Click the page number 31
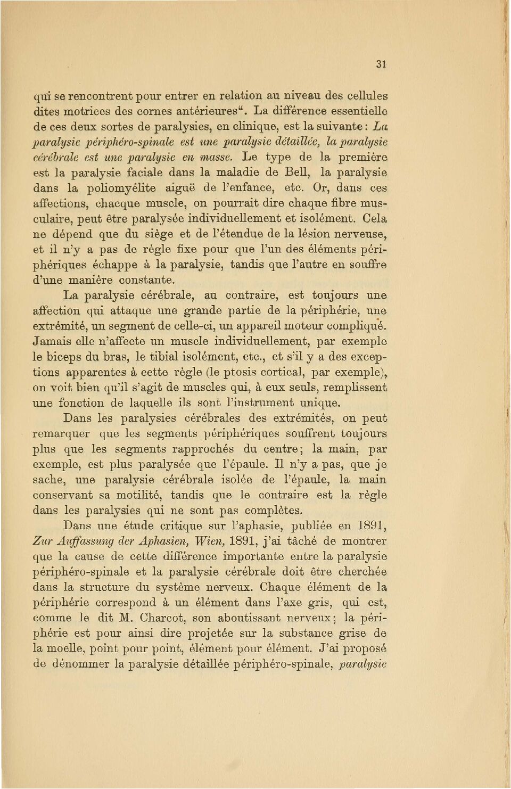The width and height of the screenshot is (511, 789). [381, 64]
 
